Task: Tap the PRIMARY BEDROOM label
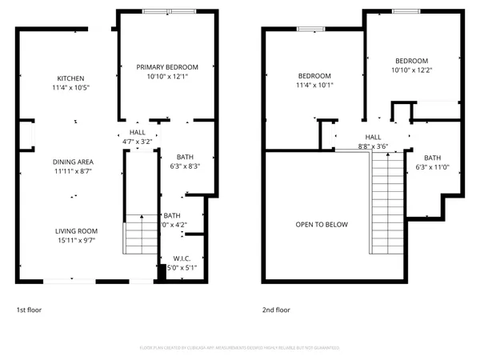click(166, 67)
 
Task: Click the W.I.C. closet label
click(182, 259)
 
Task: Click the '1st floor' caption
click(31, 310)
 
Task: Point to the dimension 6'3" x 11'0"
click(432, 167)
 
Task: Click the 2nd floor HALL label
click(373, 138)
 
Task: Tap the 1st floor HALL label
click(137, 133)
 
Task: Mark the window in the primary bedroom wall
click(167, 12)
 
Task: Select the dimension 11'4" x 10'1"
click(314, 85)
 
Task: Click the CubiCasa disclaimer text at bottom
click(239, 348)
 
